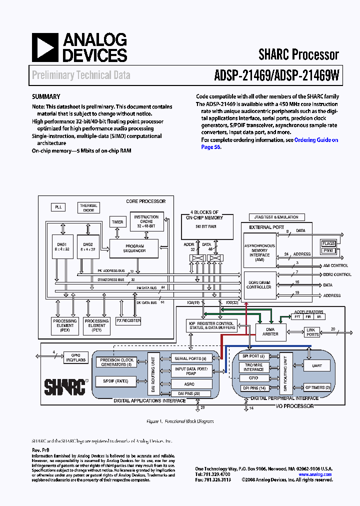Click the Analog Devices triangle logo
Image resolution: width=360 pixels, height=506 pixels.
tap(44, 48)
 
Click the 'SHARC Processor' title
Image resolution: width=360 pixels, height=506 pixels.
tap(298, 54)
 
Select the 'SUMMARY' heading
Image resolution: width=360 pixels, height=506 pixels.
tap(46, 97)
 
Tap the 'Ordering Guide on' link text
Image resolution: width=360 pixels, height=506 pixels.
tap(316, 140)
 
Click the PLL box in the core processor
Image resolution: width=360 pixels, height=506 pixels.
tap(58, 207)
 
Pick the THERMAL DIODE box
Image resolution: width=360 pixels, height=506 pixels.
tap(88, 208)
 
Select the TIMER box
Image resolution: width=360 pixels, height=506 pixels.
tap(117, 222)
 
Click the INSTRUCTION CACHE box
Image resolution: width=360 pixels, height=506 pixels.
tap(146, 221)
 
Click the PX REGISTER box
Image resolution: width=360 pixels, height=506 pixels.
tap(128, 320)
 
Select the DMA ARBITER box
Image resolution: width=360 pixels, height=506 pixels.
tap(270, 331)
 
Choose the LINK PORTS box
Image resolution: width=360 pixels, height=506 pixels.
tap(312, 332)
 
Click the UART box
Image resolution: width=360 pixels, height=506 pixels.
tap(317, 365)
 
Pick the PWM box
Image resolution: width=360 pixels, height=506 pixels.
tap(328, 250)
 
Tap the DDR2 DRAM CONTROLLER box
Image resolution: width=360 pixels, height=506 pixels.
tap(259, 284)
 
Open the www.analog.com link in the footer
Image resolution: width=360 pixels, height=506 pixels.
tap(313, 474)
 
